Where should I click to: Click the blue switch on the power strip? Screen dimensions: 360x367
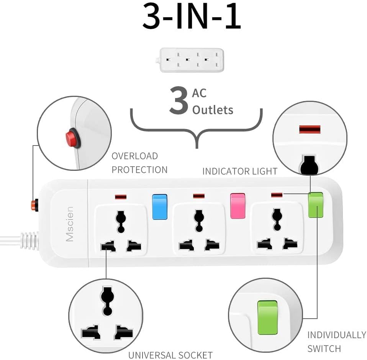tap(159, 207)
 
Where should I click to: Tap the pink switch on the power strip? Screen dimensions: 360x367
tap(237, 206)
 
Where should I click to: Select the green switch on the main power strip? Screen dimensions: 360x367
tap(316, 205)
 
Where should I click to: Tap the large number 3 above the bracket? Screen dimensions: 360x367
tap(179, 101)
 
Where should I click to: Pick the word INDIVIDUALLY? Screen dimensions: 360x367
tap(336, 335)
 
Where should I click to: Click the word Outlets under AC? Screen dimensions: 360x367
tap(213, 110)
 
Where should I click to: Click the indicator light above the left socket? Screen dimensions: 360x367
tap(121, 197)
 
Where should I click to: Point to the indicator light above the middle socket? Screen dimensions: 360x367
tap(198, 196)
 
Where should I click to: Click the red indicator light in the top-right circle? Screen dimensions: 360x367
tap(310, 129)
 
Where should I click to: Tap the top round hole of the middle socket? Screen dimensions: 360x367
tap(198, 218)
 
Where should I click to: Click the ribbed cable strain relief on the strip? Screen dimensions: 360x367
tap(29, 240)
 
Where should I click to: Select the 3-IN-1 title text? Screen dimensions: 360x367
tap(192, 17)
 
